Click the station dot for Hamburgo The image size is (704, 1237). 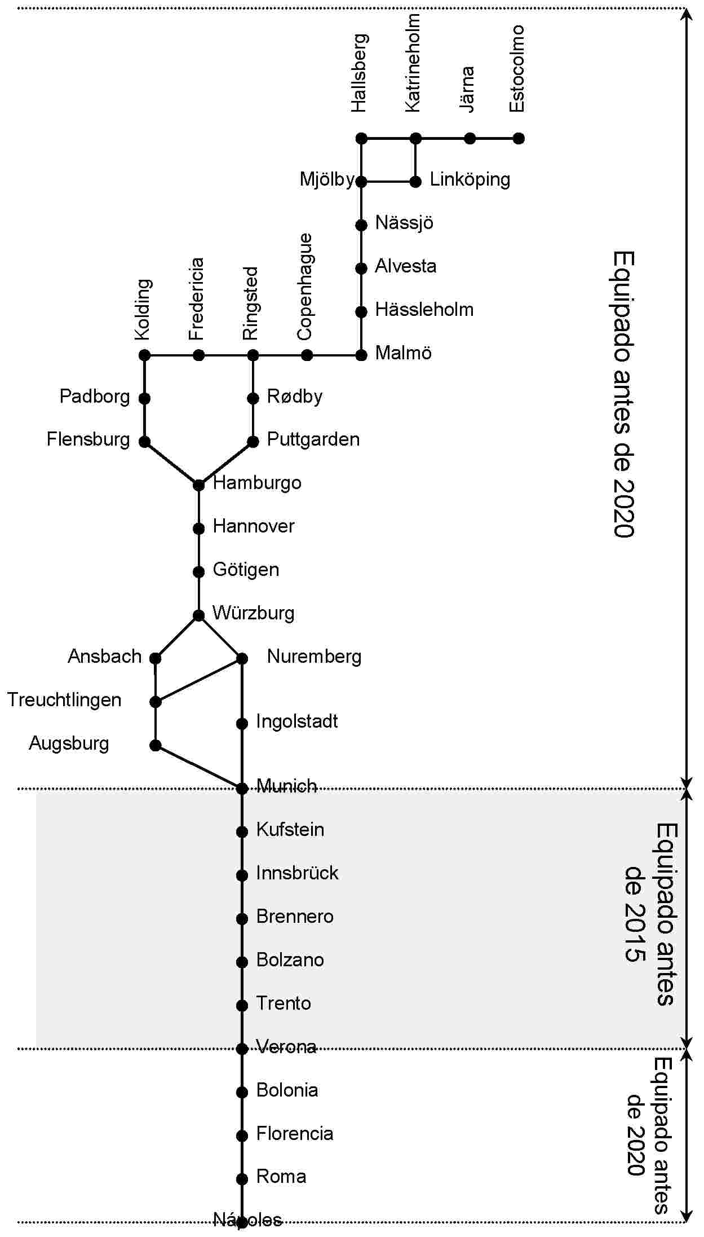pos(198,485)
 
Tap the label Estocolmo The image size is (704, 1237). pos(517,69)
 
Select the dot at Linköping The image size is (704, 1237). pos(415,182)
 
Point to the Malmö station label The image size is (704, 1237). pos(403,353)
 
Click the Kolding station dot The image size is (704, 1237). pos(144,355)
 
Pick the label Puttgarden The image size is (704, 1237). pos(313,439)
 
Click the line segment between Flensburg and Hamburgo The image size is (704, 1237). pos(171,463)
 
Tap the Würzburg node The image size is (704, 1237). pos(198,615)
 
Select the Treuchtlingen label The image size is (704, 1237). pos(64,700)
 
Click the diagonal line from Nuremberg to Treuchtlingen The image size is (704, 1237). pos(198,680)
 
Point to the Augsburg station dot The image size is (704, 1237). pos(156,746)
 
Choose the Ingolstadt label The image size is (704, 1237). pos(297,721)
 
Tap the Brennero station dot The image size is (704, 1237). pos(242,919)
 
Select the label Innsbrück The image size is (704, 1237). pos(297,873)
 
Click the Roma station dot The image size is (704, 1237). pos(242,1179)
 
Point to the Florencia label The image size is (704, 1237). pos(295,1134)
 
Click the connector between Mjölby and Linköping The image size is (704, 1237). pos(388,182)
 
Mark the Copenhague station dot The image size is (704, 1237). pos(307,355)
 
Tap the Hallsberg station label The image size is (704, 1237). pos(359,73)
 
